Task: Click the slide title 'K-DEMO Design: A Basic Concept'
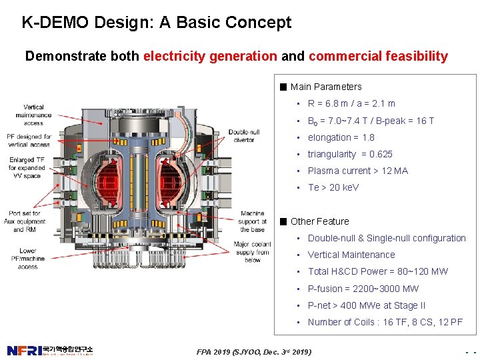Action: [x=157, y=23]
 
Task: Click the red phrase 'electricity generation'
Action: [x=209, y=57]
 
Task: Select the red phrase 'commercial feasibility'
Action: [x=378, y=57]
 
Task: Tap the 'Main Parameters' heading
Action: [x=325, y=87]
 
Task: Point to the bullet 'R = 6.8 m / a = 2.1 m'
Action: [x=351, y=103]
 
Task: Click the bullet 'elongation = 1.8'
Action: [x=341, y=137]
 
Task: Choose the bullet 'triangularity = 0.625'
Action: [x=350, y=154]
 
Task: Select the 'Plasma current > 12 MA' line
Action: [x=357, y=171]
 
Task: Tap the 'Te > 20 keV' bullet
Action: [x=333, y=187]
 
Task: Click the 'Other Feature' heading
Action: [x=319, y=221]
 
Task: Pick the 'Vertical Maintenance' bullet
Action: [x=351, y=255]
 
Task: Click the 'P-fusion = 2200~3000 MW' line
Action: [x=363, y=289]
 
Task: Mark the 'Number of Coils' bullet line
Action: [x=385, y=322]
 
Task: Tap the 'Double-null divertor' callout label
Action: [x=244, y=136]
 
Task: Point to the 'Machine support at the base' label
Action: [x=252, y=221]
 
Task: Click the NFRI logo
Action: [x=50, y=351]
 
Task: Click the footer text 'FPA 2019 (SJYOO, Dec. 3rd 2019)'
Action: [x=255, y=351]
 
